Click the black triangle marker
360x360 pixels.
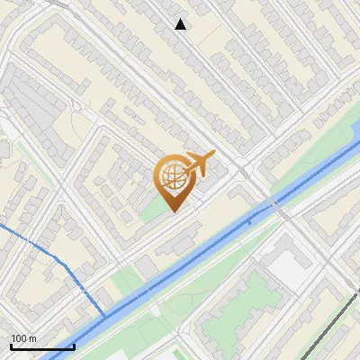[x=181, y=24]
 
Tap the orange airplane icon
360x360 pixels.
[x=200, y=164]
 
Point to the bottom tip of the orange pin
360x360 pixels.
[x=173, y=212]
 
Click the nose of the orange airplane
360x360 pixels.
[x=214, y=154]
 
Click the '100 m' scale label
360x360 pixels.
[x=23, y=337]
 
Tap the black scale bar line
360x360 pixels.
[x=42, y=346]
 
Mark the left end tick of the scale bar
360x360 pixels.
[x=11, y=346]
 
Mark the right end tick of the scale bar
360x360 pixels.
[x=74, y=346]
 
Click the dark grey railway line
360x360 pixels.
[x=333, y=315]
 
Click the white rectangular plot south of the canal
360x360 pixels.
[x=286, y=266]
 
